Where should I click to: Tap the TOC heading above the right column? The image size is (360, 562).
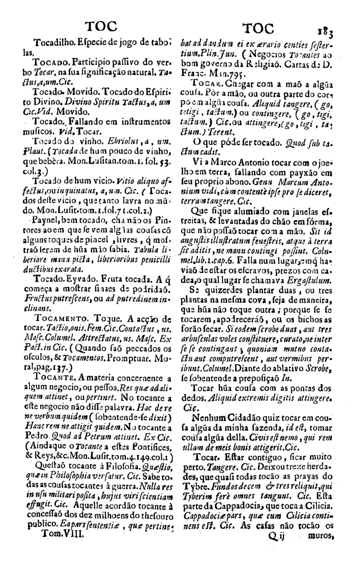point(258,28)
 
